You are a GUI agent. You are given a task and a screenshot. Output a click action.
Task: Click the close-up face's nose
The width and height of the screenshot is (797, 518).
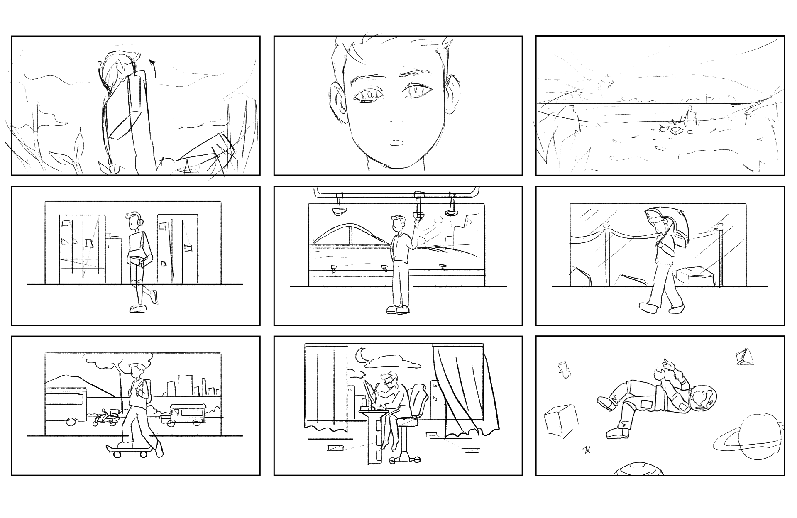point(392,121)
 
